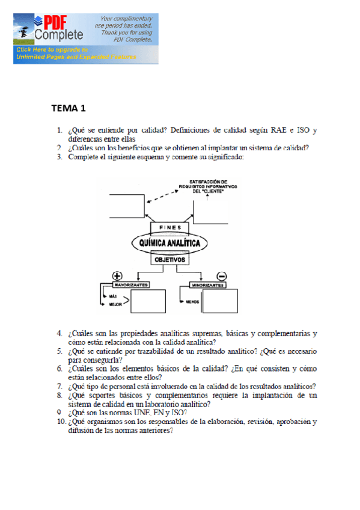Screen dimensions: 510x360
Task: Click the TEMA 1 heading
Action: point(69,108)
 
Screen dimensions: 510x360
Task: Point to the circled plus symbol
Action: point(117,275)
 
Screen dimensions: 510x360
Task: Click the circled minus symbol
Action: point(221,276)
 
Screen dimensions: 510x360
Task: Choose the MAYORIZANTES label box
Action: point(128,284)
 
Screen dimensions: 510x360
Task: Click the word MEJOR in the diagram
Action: point(115,306)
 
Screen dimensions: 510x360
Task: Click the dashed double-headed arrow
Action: point(159,195)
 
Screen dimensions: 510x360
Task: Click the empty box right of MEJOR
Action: point(148,301)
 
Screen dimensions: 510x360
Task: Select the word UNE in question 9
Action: point(142,413)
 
